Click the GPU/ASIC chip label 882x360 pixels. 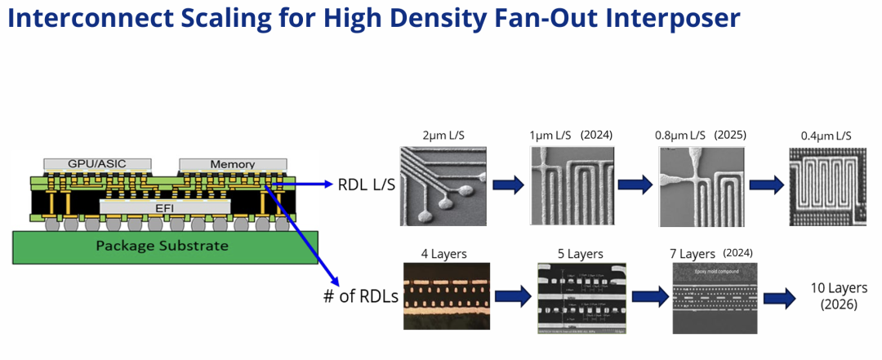point(97,163)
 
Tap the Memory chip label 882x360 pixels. point(233,164)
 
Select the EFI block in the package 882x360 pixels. point(163,208)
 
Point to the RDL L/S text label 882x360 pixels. point(366,184)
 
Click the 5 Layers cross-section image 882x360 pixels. point(581,298)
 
